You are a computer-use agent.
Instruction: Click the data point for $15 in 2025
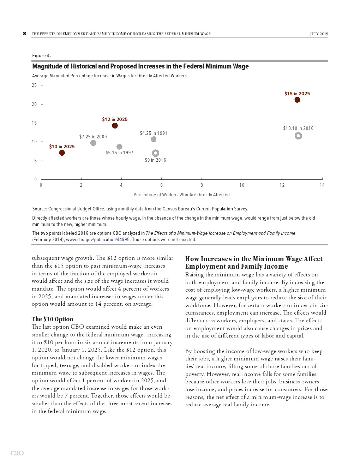coord(297,100)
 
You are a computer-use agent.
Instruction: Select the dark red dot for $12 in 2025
coord(115,126)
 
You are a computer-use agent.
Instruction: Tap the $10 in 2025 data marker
coord(62,153)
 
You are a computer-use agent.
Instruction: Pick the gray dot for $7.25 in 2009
coord(93,143)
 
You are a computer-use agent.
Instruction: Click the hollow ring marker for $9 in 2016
coord(156,153)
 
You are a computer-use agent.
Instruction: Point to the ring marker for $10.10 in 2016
coord(298,136)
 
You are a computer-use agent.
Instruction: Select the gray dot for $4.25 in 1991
coord(154,139)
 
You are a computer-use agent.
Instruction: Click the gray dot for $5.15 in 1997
coord(119,147)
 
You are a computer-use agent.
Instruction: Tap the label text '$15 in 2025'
coord(297,94)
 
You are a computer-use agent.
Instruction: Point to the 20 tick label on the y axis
coord(34,104)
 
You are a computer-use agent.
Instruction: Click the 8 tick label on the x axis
coord(202,185)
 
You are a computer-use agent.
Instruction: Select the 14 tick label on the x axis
coord(322,185)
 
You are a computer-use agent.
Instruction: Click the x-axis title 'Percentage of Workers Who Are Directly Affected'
coord(181,195)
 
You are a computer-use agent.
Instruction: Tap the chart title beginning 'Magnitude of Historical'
coord(140,66)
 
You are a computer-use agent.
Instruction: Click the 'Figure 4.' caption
coord(42,56)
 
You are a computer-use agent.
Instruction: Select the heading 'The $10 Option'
coord(52,319)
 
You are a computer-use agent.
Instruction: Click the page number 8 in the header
coord(24,34)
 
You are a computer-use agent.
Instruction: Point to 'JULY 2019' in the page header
coord(319,34)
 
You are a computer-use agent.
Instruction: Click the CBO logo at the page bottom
coord(17,453)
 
